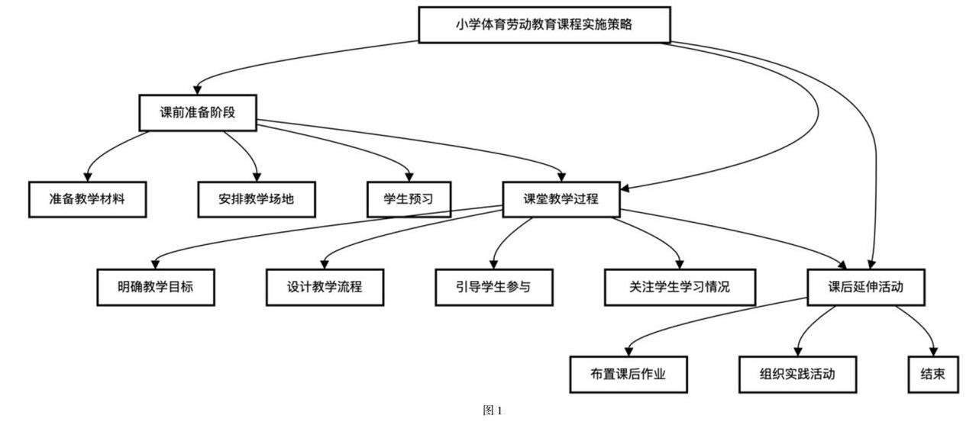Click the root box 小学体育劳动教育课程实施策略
click(545, 24)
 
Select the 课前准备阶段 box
click(196, 112)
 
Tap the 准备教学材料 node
click(86, 199)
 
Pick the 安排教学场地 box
click(256, 199)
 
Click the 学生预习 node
click(408, 199)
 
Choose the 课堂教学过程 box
click(561, 199)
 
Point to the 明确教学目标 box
click(155, 287)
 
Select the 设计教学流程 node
click(325, 287)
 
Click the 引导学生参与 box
click(493, 287)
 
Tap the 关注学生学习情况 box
click(679, 287)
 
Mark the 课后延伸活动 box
click(865, 287)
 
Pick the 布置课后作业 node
click(629, 375)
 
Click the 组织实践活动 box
click(797, 375)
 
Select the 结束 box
click(932, 375)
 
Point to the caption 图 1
click(493, 411)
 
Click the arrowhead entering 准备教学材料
click(87, 176)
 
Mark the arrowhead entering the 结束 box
click(932, 351)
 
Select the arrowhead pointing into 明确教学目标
click(156, 263)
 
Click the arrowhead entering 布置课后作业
click(629, 351)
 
